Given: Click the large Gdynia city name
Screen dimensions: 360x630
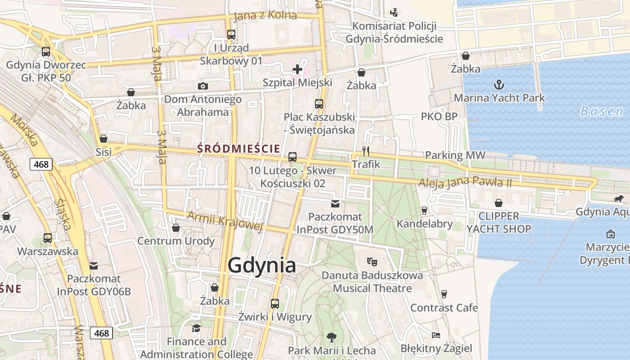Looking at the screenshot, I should click(261, 265).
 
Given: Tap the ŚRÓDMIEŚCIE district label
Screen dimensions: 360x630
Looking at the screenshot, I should click(238, 148).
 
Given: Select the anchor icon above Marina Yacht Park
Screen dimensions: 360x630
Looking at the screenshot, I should click(499, 84).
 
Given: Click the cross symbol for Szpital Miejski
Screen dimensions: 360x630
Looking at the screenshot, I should click(297, 69).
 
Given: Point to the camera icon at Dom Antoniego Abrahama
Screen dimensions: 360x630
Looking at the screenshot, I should click(203, 86).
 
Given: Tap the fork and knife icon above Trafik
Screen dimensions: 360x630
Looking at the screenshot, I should click(366, 151).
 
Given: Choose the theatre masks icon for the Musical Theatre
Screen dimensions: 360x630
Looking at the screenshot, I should click(372, 261).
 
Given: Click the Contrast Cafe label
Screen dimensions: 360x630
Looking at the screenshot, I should click(444, 308).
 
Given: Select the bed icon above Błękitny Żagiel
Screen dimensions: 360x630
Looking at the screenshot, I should click(436, 335).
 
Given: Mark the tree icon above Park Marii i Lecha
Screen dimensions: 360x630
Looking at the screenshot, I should click(332, 337).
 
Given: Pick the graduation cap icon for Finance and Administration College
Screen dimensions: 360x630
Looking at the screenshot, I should click(196, 328).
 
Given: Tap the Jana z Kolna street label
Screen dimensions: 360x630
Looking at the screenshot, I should click(265, 15).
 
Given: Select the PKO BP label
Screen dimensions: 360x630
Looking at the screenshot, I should click(439, 117).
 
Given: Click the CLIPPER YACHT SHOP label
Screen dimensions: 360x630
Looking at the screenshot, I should click(499, 222).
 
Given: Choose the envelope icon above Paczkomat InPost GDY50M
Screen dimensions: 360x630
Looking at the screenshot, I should click(335, 204).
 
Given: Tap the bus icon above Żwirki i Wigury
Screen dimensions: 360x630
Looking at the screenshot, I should click(275, 304).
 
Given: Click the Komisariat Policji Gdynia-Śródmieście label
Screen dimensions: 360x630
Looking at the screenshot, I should click(394, 32).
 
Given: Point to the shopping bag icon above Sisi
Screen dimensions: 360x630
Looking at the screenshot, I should click(103, 138).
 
